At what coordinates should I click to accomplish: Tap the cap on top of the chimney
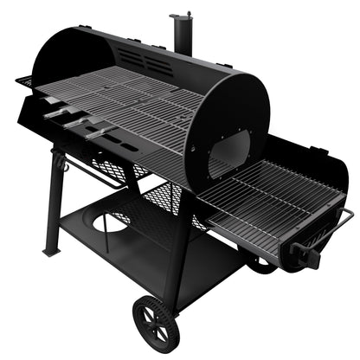point(181,15)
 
